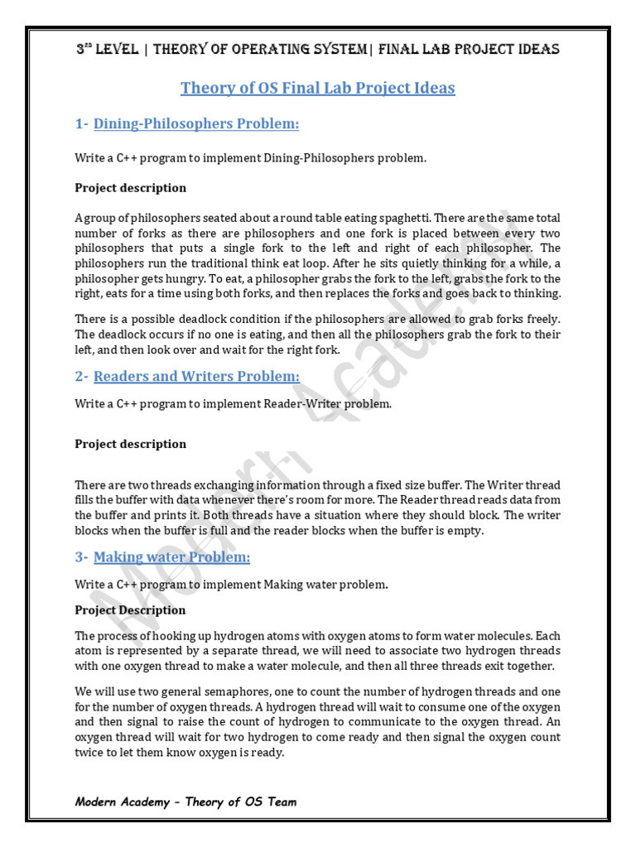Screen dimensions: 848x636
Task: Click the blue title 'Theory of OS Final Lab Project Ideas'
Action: (318, 88)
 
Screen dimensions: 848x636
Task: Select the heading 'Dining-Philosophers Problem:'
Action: (195, 124)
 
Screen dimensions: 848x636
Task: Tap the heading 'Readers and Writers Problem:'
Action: (196, 377)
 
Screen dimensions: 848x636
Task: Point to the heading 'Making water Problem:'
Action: (171, 557)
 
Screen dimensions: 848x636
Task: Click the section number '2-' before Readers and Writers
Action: (81, 377)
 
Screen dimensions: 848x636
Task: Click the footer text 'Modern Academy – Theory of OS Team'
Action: (185, 802)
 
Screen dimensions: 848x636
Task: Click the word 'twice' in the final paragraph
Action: (90, 753)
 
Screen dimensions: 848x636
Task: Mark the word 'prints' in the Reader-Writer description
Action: (160, 515)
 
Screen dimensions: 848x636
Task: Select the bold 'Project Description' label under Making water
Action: (130, 610)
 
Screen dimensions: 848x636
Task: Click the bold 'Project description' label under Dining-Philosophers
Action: (130, 188)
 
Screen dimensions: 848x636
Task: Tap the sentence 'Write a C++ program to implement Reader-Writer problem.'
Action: (233, 404)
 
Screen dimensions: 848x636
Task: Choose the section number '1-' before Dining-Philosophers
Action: (81, 124)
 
